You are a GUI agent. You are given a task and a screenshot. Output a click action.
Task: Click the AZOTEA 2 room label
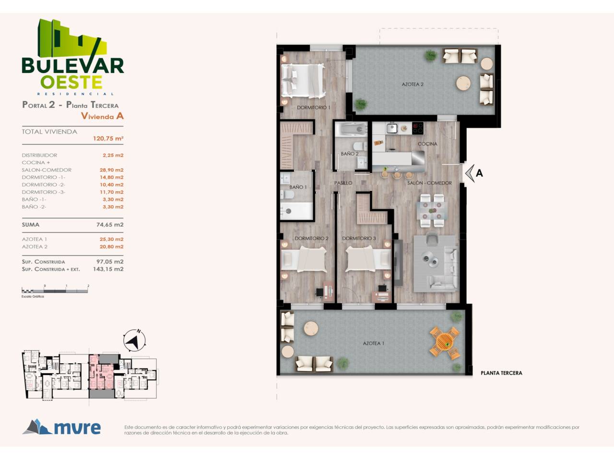(413, 84)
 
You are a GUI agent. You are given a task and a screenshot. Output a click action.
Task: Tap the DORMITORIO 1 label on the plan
(314, 107)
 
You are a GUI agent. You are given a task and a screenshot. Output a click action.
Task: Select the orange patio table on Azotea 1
(445, 343)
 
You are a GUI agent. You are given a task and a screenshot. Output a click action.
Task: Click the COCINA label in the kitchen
(427, 144)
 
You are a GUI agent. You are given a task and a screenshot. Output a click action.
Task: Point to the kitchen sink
(392, 128)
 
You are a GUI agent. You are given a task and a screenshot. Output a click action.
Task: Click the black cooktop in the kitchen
(418, 128)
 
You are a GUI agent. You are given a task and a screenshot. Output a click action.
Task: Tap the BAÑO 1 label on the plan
(298, 187)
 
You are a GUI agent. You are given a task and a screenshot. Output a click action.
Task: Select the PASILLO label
(343, 183)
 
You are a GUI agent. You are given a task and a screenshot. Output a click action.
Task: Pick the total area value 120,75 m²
(108, 138)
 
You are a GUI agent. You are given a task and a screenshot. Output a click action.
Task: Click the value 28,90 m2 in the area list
(112, 170)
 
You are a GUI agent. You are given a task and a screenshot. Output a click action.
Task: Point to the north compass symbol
(134, 341)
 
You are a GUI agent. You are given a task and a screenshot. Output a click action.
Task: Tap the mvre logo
(61, 427)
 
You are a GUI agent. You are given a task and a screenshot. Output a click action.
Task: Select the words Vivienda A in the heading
(102, 116)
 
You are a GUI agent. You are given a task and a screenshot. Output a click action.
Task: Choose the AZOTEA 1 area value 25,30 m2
(112, 240)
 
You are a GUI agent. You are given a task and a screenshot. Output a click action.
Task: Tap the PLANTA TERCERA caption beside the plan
(501, 373)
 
